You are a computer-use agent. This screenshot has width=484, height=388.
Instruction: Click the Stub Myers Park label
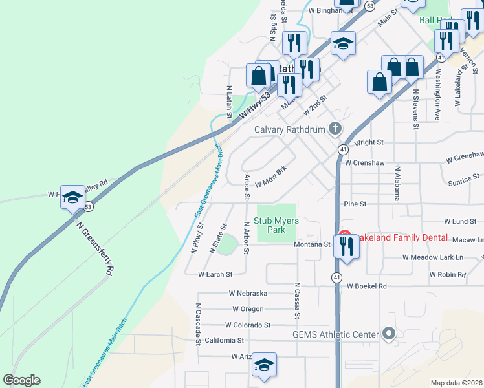click(x=276, y=225)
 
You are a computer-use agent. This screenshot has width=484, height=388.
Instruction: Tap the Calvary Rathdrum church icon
click(x=335, y=129)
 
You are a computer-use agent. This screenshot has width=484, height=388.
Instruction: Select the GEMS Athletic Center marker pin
click(x=388, y=334)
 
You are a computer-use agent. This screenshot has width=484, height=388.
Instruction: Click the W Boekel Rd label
click(x=366, y=286)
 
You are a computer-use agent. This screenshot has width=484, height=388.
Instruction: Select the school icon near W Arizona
click(x=264, y=365)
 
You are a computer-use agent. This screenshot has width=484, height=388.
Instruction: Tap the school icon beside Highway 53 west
click(x=72, y=197)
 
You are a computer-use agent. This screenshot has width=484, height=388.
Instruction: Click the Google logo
click(x=21, y=380)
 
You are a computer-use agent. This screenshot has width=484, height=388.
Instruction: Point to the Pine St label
click(x=355, y=204)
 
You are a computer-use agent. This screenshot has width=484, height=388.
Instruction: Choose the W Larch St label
click(x=215, y=275)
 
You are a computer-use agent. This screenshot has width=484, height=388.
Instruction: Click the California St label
click(x=224, y=340)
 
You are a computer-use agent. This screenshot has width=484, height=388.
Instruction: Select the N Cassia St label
click(x=297, y=300)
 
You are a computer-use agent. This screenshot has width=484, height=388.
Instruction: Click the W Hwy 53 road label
click(x=255, y=107)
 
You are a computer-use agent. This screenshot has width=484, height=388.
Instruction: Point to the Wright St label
click(x=369, y=142)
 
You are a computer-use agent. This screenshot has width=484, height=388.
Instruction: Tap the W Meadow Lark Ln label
click(x=433, y=257)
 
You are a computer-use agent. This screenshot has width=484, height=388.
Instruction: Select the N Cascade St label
click(x=198, y=325)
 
